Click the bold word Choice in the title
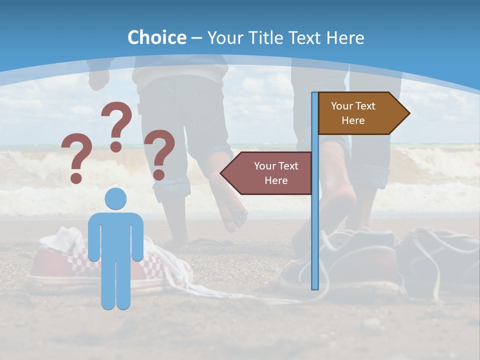156,37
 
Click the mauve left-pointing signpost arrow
270,173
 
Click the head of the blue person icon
115,198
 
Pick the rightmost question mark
159,154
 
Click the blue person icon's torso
115,235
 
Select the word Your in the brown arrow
342,106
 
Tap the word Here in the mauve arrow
276,180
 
